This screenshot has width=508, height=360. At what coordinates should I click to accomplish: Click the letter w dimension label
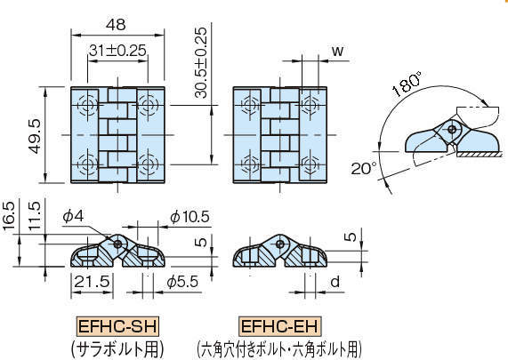(337, 50)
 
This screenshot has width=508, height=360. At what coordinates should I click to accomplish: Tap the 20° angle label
(363, 167)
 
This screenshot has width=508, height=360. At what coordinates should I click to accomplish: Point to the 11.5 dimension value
(33, 217)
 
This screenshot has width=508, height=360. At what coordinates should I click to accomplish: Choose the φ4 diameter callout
(73, 216)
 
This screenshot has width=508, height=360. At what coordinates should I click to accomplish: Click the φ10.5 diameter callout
(188, 216)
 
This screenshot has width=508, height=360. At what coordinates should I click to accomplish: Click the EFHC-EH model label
(278, 325)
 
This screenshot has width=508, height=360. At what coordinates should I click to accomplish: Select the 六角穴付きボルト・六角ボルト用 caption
(279, 346)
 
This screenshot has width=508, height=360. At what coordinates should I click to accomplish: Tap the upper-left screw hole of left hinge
(89, 106)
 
